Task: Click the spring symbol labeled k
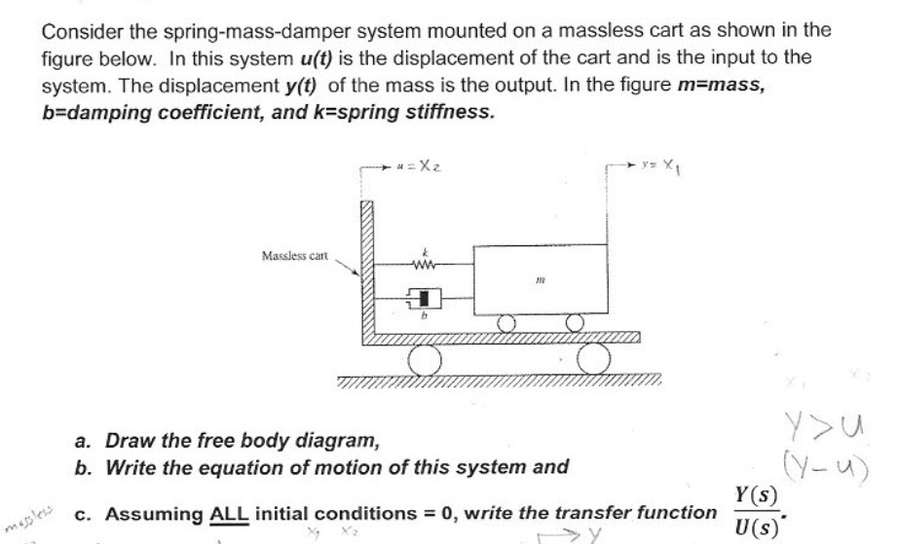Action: tap(422, 260)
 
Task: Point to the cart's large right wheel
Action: tap(593, 360)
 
